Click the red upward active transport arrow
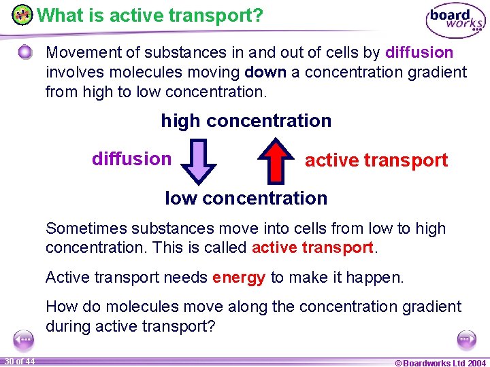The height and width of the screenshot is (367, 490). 276,160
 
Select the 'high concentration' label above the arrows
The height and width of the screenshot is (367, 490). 246,121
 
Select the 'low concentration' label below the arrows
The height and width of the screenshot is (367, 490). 246,198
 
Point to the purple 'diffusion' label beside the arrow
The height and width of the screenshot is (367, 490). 131,159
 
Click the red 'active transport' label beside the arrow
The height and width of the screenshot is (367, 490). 376,160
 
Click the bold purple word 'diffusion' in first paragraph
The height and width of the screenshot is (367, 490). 419,52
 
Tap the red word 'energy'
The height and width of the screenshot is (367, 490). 239,277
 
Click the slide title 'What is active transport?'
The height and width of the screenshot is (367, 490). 150,15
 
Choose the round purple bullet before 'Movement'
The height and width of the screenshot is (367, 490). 25,52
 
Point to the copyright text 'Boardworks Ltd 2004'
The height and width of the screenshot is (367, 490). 440,362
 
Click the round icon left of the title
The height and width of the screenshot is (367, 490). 22,14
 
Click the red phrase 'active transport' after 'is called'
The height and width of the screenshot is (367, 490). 312,247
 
